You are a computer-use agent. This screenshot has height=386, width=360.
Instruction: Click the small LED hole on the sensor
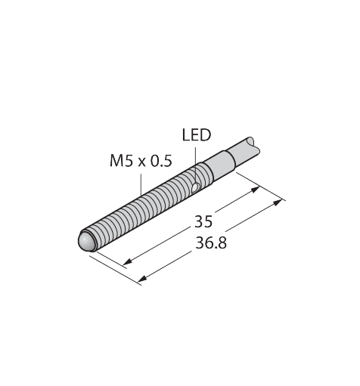[x=195, y=184]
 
